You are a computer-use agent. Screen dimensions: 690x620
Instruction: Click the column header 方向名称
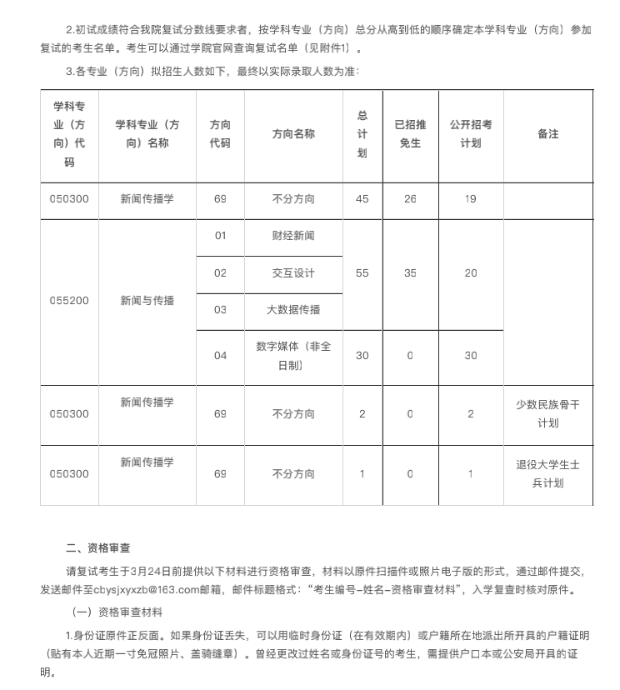(x=293, y=133)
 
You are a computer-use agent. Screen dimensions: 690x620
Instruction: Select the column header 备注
(x=547, y=133)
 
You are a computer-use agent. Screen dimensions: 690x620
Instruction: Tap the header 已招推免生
(x=409, y=133)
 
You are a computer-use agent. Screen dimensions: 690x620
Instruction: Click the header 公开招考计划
(x=471, y=133)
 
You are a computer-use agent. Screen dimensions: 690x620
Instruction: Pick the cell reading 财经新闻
(x=293, y=236)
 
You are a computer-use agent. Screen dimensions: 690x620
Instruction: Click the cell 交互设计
(x=293, y=273)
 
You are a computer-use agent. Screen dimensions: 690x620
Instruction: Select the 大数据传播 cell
(x=293, y=310)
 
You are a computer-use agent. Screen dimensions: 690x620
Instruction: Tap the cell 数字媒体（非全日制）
(x=293, y=355)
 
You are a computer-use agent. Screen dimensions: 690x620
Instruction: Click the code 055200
(x=69, y=300)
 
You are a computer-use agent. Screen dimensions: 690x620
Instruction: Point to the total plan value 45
(x=362, y=199)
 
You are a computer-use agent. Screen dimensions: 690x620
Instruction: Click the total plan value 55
(x=362, y=273)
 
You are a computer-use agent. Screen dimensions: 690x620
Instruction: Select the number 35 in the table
(x=409, y=273)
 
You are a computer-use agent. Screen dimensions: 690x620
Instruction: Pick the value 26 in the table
(x=409, y=199)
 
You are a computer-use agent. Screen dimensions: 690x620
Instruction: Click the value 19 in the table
(x=471, y=199)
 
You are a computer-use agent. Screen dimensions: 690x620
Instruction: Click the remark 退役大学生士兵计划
(x=547, y=474)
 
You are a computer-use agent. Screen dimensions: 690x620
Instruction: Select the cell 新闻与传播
(x=147, y=300)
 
